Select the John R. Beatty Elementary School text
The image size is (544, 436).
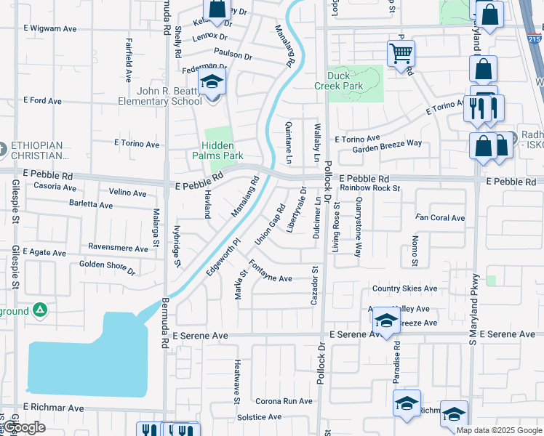160,96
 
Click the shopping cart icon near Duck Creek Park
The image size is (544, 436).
401,52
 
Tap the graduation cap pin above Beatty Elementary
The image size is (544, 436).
212,81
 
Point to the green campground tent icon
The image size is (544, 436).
40,310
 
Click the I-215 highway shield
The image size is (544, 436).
535,40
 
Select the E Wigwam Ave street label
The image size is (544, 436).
49,29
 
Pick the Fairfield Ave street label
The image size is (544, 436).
128,60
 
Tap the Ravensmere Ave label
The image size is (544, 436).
118,247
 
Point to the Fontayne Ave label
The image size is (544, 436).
271,270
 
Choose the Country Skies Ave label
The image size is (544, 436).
404,288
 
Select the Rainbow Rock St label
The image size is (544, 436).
370,188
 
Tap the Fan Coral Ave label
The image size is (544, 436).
440,217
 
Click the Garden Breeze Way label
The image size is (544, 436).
387,144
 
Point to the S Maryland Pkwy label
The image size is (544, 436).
473,309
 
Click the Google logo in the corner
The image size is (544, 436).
25,428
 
